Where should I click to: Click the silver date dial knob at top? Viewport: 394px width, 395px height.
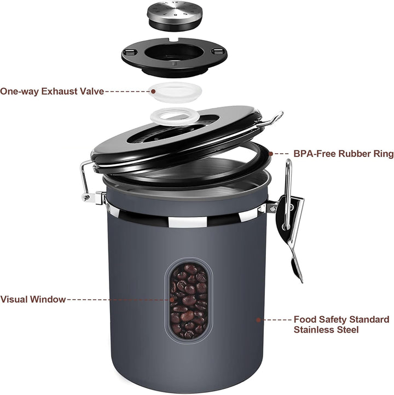[174, 16]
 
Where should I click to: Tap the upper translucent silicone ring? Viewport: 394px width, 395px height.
[175, 91]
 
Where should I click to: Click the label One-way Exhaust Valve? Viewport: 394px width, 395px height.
[52, 91]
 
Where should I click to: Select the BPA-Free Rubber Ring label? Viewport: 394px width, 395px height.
[343, 154]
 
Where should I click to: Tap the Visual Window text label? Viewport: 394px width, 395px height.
[33, 299]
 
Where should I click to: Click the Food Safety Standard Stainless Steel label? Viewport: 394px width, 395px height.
[341, 324]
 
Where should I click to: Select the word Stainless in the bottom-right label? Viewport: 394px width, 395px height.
[314, 330]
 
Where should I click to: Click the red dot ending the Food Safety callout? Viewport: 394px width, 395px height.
[259, 319]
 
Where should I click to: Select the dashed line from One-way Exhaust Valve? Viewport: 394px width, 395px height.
[126, 91]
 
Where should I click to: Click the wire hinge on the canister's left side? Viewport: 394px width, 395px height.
[86, 181]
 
